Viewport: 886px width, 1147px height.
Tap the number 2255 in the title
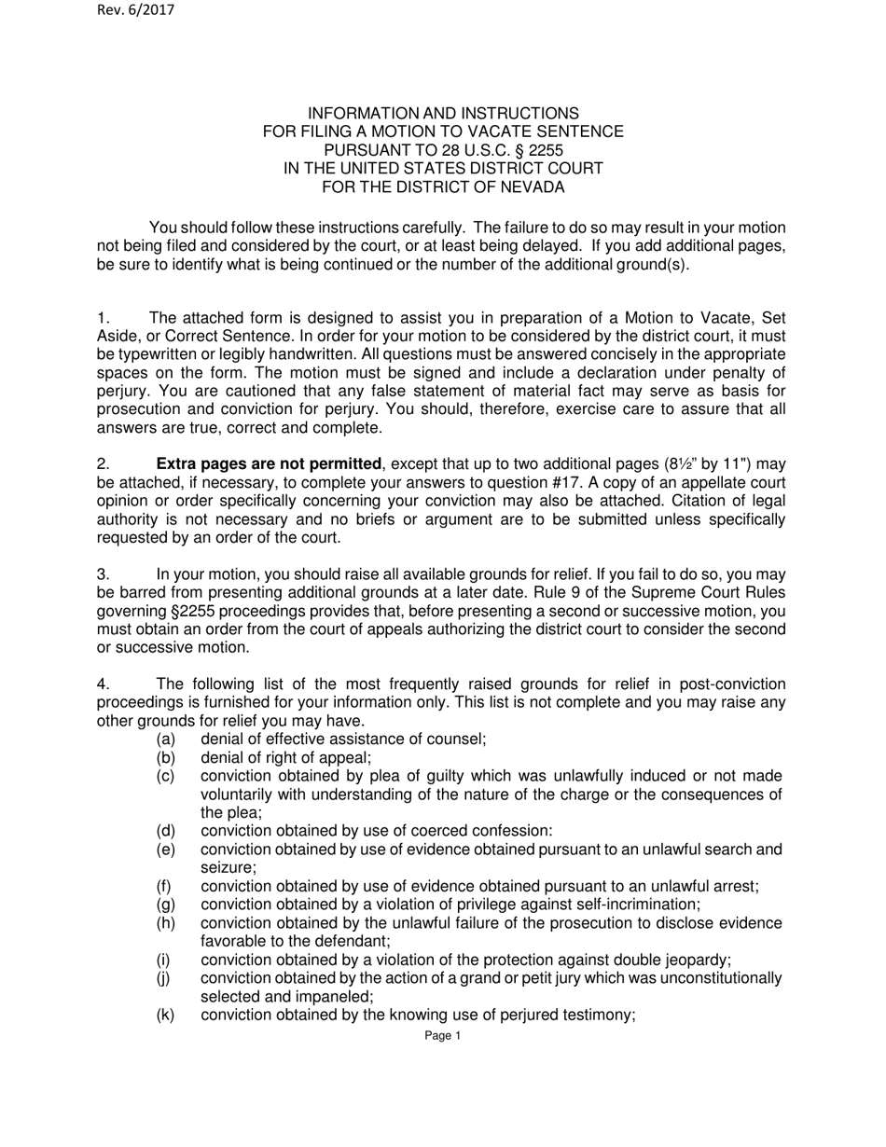[x=546, y=150]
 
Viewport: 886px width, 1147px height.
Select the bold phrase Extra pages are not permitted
[x=270, y=463]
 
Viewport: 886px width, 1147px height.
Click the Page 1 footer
[x=442, y=1035]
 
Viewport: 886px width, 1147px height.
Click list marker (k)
[x=165, y=1016]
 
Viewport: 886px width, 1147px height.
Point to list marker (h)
[x=165, y=923]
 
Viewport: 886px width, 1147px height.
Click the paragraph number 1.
[x=104, y=315]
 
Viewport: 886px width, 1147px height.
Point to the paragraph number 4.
[x=104, y=684]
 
